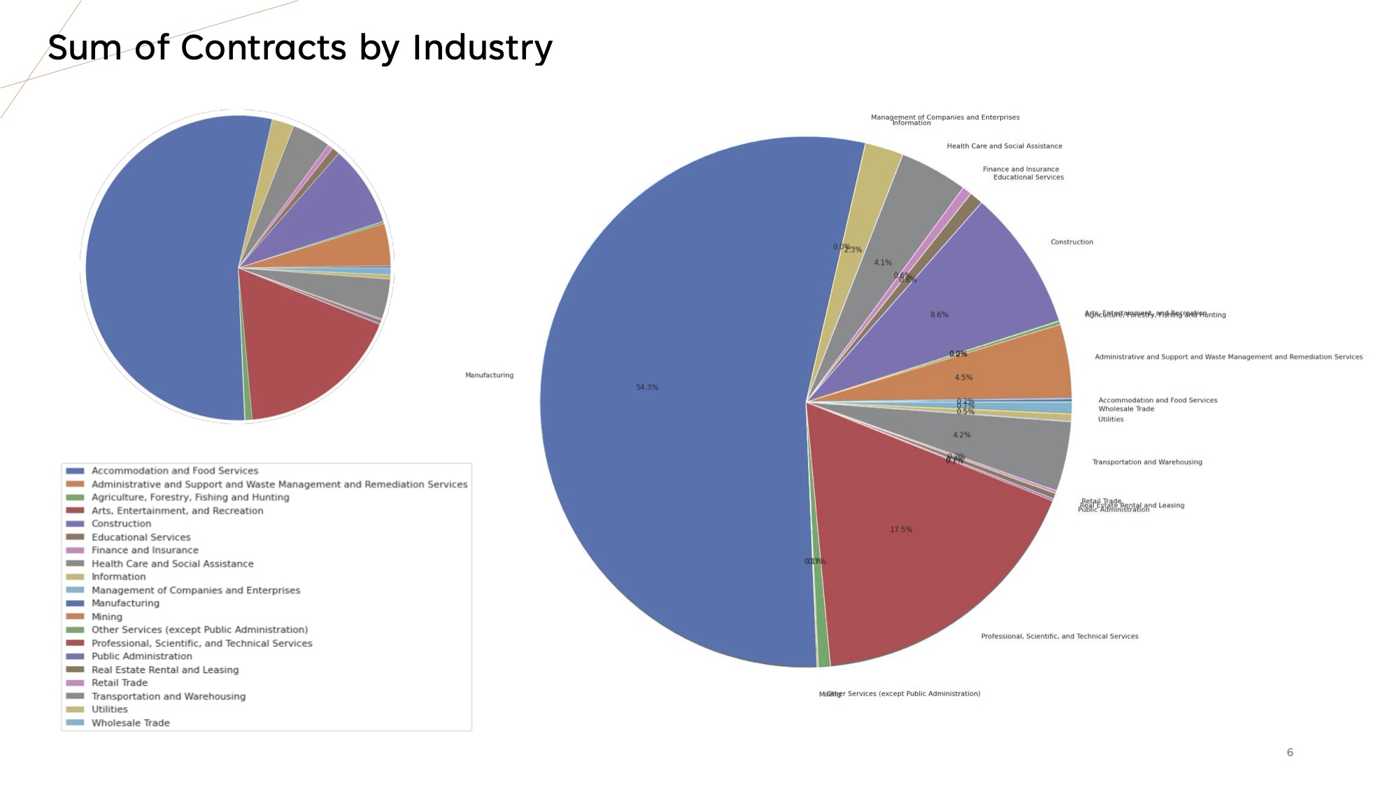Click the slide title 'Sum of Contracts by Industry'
pyautogui.click(x=300, y=48)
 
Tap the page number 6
pyautogui.click(x=1290, y=752)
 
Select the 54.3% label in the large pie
pyautogui.click(x=647, y=387)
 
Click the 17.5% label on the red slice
pyautogui.click(x=901, y=530)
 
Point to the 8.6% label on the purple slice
pyautogui.click(x=939, y=315)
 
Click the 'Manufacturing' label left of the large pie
pyautogui.click(x=489, y=376)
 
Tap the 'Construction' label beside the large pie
pyautogui.click(x=1072, y=242)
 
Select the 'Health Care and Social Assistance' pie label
pyautogui.click(x=1004, y=146)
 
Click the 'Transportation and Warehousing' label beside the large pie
pyautogui.click(x=1147, y=462)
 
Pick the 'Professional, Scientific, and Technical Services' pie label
pyautogui.click(x=1059, y=637)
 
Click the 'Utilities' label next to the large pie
pyautogui.click(x=1110, y=420)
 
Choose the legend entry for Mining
pyautogui.click(x=106, y=617)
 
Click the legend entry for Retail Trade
pyautogui.click(x=119, y=683)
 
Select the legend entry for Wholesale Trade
pyautogui.click(x=130, y=723)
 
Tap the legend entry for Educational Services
pyautogui.click(x=141, y=537)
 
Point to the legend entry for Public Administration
pyautogui.click(x=141, y=656)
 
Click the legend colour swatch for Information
pyautogui.click(x=75, y=577)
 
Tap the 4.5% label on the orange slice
pyautogui.click(x=963, y=378)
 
